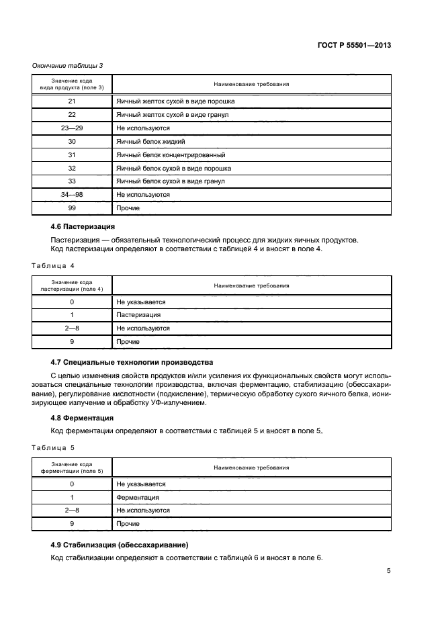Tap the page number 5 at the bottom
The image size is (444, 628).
pos(389,572)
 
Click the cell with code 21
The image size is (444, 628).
pos(72,101)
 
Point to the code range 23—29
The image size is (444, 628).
pos(72,128)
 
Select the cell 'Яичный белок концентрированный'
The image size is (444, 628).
pos(171,154)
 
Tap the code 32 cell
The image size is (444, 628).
pos(72,168)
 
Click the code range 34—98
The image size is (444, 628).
pos(72,195)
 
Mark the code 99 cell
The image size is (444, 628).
pos(72,208)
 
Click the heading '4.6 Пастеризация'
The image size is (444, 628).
pos(83,226)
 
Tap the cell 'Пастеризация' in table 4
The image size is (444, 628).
pos(138,315)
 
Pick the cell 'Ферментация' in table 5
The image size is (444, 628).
pos(138,497)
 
